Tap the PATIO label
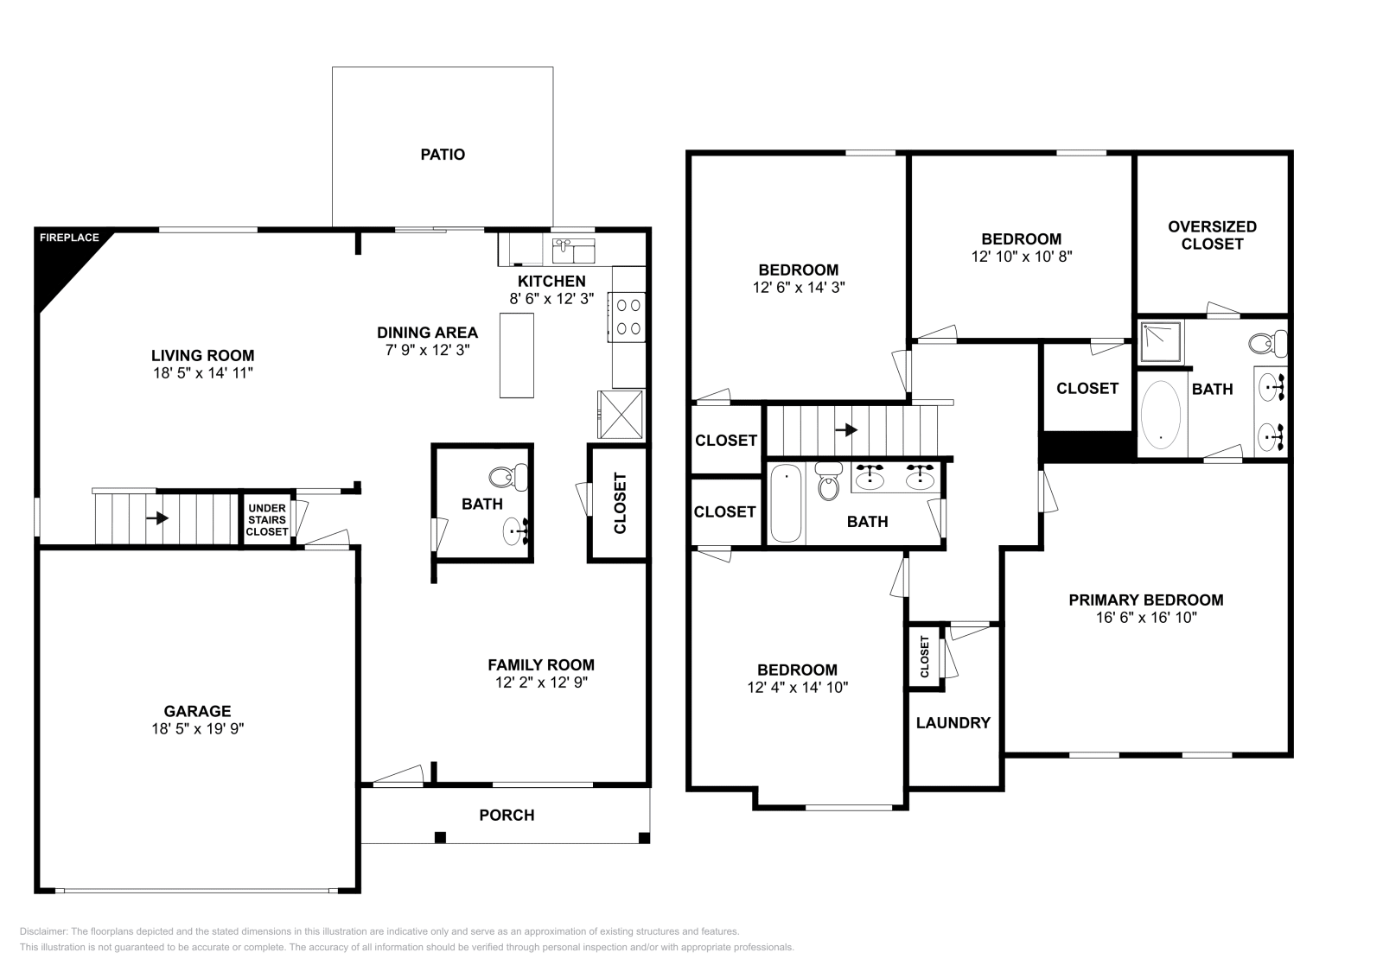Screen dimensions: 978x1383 (x=443, y=155)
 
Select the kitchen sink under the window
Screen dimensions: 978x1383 (x=573, y=251)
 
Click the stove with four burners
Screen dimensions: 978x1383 (x=628, y=316)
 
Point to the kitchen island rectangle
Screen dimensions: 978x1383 (x=517, y=355)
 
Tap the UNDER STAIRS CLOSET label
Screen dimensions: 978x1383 (x=267, y=520)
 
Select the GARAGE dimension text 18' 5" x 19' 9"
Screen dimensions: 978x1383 (x=197, y=729)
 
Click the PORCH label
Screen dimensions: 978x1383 (x=507, y=815)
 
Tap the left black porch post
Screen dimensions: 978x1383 (x=440, y=837)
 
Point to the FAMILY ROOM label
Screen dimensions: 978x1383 (x=541, y=664)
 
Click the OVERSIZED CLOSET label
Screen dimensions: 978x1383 (x=1212, y=235)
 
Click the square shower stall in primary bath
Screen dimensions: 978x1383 (x=1160, y=341)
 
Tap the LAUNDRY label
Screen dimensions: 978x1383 (x=953, y=723)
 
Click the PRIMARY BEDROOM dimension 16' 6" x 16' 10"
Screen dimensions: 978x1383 (x=1145, y=618)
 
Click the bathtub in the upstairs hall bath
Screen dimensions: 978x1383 (x=786, y=503)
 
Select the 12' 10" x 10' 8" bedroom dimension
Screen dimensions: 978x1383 (x=1021, y=257)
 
